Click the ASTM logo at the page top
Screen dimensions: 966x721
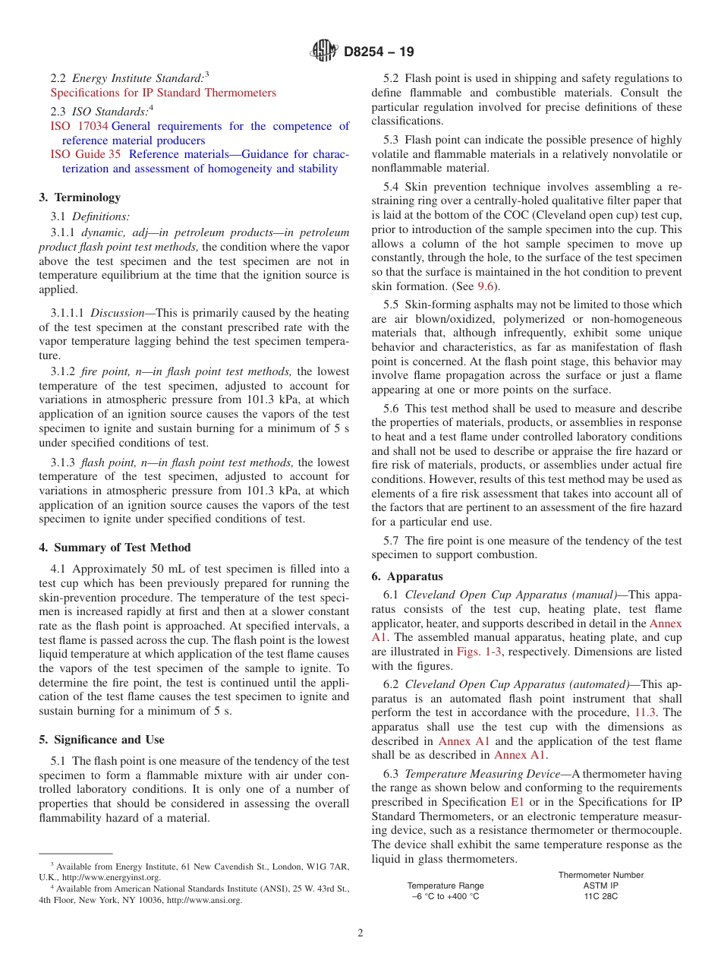[324, 52]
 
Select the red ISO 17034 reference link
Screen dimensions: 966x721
[79, 126]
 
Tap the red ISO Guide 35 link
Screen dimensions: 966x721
[85, 154]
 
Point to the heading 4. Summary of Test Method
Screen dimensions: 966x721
[115, 548]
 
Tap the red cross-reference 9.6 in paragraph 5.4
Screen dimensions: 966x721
[485, 286]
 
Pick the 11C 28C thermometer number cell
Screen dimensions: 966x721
[600, 896]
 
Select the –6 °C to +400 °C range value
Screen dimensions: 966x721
[446, 896]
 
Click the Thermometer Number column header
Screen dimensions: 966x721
[600, 875]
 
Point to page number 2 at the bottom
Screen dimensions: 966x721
[360, 933]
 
